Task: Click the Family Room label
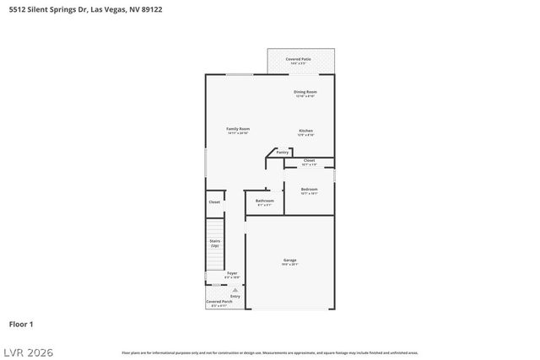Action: click(238, 129)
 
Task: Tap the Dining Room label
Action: click(305, 91)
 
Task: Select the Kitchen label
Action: click(305, 131)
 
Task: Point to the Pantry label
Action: click(283, 153)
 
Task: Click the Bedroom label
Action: click(310, 189)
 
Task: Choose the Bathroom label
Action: click(265, 201)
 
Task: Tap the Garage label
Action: click(289, 260)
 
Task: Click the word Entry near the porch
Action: click(235, 296)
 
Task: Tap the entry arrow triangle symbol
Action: click(235, 289)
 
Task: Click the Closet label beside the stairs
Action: click(214, 202)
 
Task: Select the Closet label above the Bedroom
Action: click(309, 160)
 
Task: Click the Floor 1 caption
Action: click(21, 324)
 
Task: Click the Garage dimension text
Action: click(289, 265)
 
